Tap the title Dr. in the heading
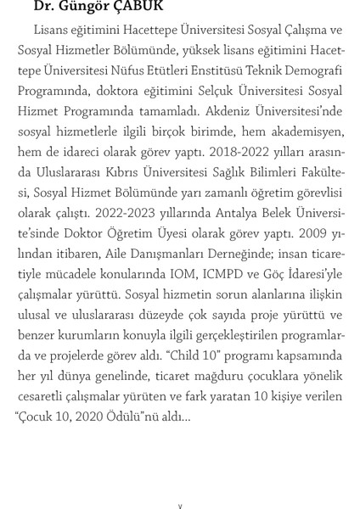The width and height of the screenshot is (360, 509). point(45,8)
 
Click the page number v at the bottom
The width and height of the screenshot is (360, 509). point(180,506)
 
